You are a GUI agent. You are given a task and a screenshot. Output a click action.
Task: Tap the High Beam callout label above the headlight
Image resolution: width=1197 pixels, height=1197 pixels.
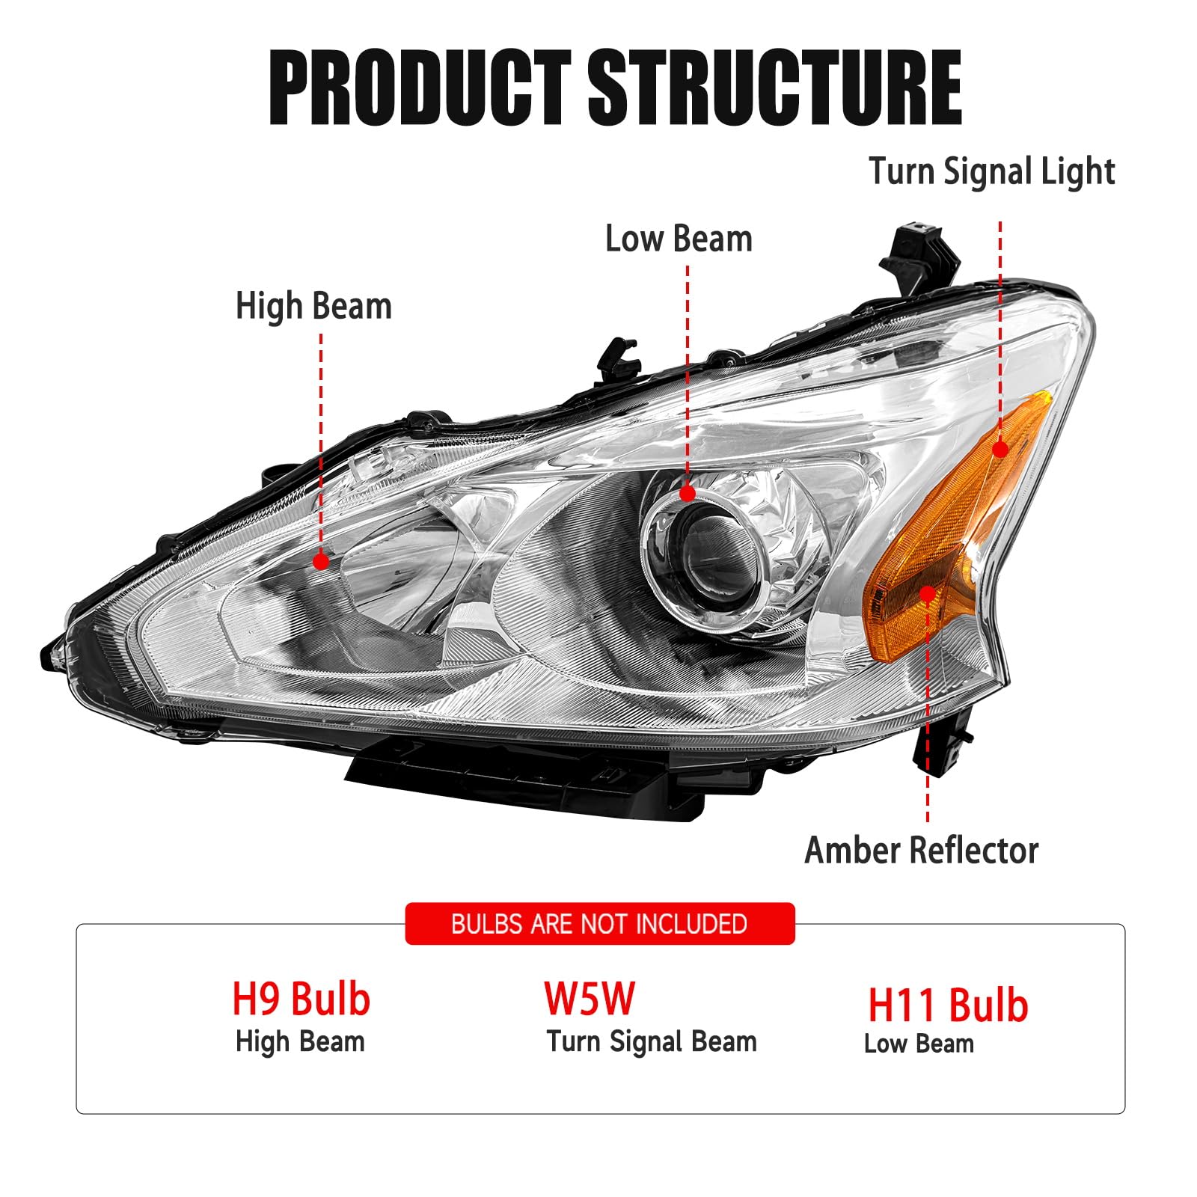(313, 307)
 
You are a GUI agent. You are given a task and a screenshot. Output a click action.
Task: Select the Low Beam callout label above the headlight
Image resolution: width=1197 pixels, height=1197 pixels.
(679, 239)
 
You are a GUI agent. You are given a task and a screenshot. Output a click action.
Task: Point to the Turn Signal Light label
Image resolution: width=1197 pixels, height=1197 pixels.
(991, 172)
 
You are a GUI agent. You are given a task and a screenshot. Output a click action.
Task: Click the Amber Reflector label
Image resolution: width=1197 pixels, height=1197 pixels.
(921, 851)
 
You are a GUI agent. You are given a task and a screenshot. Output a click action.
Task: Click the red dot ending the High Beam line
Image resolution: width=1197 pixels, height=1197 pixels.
(321, 560)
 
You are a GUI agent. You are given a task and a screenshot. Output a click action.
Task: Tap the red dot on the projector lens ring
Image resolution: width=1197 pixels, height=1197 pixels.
(687, 493)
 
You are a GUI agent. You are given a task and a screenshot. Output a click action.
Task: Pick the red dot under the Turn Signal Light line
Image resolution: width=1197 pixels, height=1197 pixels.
(1000, 449)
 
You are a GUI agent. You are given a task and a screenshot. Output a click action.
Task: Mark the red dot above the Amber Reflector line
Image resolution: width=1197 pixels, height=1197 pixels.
(928, 594)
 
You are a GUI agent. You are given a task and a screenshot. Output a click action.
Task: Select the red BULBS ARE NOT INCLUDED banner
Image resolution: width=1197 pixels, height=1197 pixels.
(599, 924)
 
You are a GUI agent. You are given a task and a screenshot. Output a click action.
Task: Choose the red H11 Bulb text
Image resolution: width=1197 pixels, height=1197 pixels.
(948, 1005)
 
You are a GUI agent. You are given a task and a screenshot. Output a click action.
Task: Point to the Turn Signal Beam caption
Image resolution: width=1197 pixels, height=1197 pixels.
(651, 1041)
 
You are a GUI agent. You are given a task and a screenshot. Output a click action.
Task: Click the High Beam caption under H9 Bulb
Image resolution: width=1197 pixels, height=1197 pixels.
(300, 1041)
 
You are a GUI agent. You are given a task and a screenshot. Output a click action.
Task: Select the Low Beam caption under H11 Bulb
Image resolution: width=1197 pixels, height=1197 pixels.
(919, 1044)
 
